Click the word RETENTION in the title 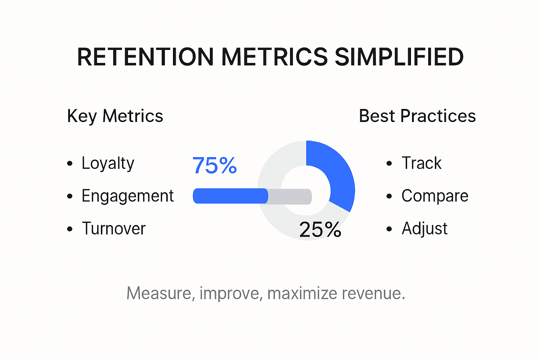tap(145, 57)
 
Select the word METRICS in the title tap(275, 57)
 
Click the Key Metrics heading tap(115, 116)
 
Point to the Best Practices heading tap(417, 116)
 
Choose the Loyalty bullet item tap(108, 163)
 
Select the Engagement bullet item tap(128, 196)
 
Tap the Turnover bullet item tap(114, 229)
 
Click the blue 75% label tap(214, 165)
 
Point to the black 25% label tap(320, 230)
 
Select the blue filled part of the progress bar tap(230, 196)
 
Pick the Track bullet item tap(421, 163)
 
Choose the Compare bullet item tap(435, 196)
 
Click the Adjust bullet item tap(424, 229)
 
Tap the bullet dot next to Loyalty tap(70, 163)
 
